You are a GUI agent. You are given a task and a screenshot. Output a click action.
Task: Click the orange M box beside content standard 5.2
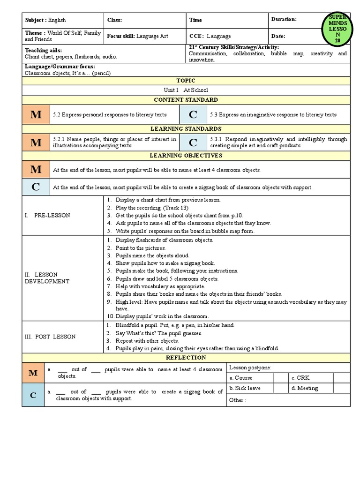(x=36, y=114)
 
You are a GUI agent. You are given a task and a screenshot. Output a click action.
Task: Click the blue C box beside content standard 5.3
(x=193, y=114)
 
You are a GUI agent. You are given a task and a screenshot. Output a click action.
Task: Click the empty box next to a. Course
(x=280, y=378)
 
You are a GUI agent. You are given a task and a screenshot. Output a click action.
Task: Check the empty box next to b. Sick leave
(x=280, y=388)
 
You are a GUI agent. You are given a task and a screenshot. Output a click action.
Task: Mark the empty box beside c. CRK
(x=342, y=378)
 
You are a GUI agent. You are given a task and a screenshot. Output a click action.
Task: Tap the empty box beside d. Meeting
(x=342, y=388)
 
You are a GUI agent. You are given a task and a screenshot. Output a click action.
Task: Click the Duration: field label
(x=284, y=20)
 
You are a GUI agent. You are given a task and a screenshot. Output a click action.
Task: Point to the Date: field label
(x=278, y=36)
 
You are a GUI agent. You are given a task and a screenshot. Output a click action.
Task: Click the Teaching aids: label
(x=43, y=50)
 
